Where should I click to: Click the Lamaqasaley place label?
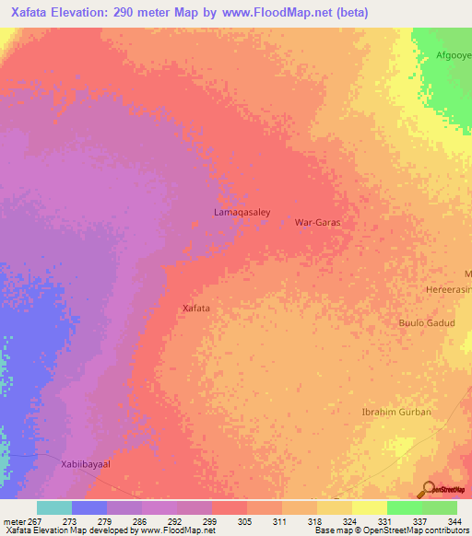242,212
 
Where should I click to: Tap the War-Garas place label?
317,223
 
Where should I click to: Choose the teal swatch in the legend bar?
54,507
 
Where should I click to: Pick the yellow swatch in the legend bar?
370,507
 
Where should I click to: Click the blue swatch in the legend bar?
89,507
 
